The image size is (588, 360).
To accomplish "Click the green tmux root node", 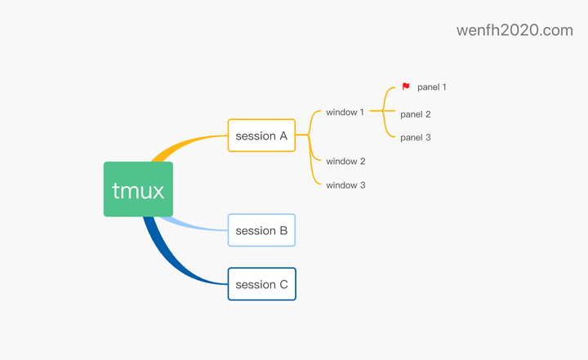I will [138, 189].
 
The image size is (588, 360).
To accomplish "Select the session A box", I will [261, 136].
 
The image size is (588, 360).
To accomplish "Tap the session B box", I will [261, 230].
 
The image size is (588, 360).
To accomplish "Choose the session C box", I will [261, 284].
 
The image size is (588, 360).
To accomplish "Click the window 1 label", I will [345, 112].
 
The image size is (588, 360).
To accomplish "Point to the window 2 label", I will [345, 162].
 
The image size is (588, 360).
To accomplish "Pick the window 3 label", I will [345, 185].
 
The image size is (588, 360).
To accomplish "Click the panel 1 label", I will [431, 87].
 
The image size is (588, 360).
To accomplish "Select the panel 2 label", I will [416, 114].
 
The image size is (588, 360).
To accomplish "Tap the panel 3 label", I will [416, 137].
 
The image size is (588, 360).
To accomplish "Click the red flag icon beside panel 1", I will [406, 86].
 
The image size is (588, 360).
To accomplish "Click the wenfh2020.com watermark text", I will [514, 30].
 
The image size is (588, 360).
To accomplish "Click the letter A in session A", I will [283, 136].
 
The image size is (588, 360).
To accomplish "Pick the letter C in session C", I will [283, 284].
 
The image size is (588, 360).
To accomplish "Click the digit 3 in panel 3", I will [428, 137].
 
